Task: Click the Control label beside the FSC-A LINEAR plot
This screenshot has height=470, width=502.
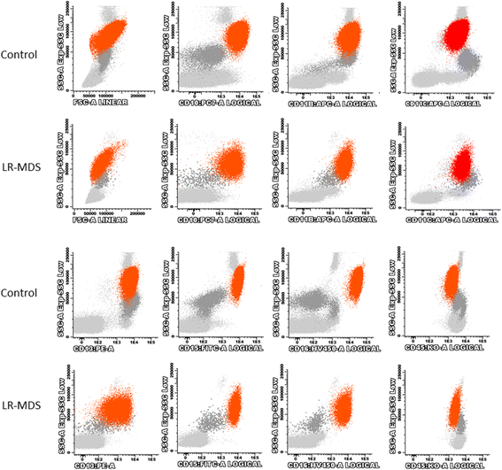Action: pyautogui.click(x=19, y=54)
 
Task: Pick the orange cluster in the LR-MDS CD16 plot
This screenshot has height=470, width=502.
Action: pyautogui.click(x=352, y=408)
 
